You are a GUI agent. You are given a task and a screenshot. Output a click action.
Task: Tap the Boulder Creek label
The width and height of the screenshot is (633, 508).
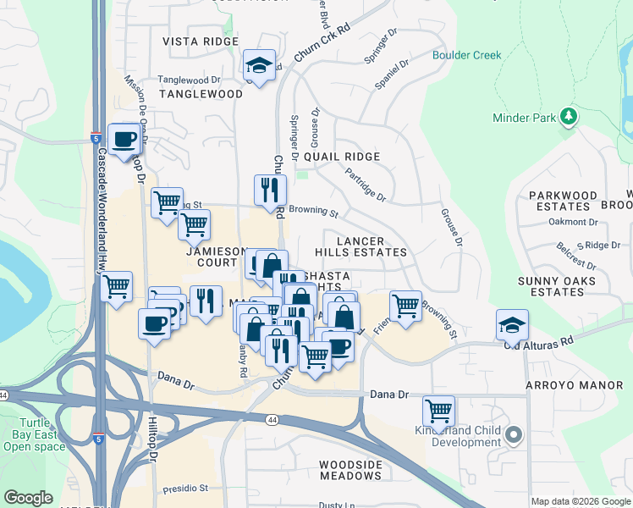[466, 56]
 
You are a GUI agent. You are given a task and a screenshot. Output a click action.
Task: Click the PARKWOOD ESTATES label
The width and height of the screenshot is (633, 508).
[563, 201]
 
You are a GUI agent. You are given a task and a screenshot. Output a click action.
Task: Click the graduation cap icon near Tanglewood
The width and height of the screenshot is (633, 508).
[259, 65]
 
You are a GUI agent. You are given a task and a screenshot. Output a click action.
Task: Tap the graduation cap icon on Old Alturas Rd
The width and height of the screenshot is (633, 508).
[512, 324]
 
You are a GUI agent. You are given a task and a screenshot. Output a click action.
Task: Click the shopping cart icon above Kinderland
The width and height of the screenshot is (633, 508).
[438, 411]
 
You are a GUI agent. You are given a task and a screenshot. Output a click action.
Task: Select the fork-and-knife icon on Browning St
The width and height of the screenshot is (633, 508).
[270, 190]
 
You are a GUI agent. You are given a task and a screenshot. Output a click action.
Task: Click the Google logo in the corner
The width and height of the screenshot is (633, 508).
[28, 497]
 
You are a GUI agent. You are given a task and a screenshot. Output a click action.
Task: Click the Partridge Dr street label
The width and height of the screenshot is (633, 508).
[366, 185]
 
